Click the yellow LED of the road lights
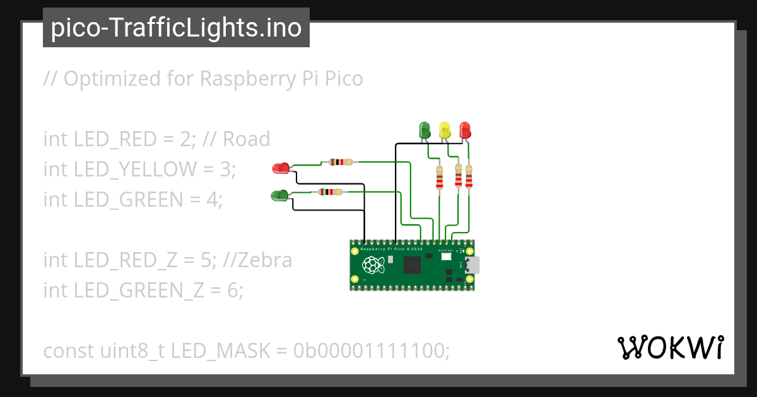(x=445, y=130)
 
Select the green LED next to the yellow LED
(x=425, y=130)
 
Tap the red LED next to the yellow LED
(x=465, y=130)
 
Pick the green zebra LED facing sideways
(x=279, y=195)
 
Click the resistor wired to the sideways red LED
(x=340, y=162)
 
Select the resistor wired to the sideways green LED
(x=330, y=192)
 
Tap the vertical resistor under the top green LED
(x=440, y=177)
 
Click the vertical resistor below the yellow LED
(x=459, y=176)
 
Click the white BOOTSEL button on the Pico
(x=445, y=257)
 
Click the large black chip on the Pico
(x=413, y=266)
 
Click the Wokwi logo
(x=670, y=347)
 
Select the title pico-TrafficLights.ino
(x=176, y=28)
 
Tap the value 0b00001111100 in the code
(x=372, y=351)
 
